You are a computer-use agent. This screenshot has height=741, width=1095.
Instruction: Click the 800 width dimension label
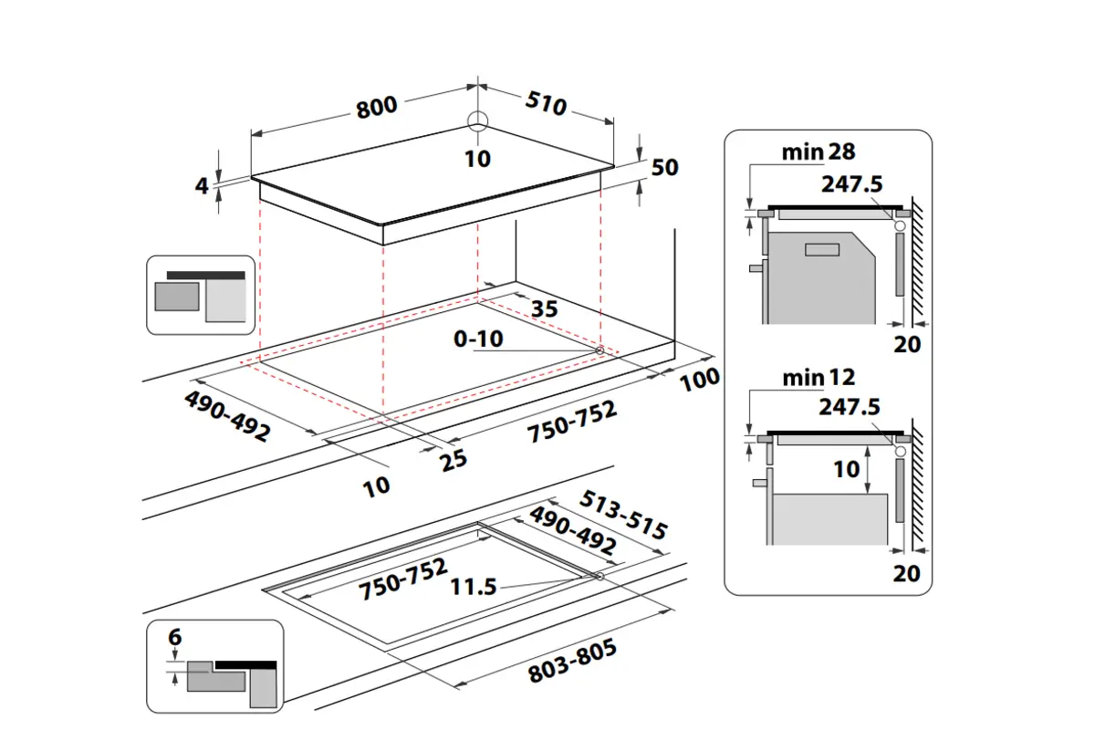click(x=376, y=106)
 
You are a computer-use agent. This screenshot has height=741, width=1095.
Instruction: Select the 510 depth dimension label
click(x=547, y=104)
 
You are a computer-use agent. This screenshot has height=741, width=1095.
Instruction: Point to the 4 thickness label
click(x=203, y=185)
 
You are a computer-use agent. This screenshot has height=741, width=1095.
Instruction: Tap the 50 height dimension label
click(x=665, y=168)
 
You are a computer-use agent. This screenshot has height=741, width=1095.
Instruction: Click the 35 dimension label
click(x=544, y=308)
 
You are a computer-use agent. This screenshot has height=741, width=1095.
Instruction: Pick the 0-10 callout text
click(x=478, y=339)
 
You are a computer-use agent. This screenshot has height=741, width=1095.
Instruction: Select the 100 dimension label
click(x=700, y=379)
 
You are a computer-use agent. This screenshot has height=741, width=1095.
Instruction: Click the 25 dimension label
click(x=453, y=458)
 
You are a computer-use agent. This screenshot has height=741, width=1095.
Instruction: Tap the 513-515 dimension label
click(x=625, y=516)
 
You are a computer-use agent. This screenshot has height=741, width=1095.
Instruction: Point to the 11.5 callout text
click(x=474, y=587)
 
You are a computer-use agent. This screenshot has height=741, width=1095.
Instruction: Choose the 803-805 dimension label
click(x=573, y=662)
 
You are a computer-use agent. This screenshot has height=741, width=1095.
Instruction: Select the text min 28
click(x=819, y=151)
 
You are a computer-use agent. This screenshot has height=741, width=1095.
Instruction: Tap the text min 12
click(x=819, y=377)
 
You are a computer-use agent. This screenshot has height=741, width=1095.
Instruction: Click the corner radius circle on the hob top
click(x=476, y=121)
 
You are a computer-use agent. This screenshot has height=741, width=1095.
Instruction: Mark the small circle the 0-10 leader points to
click(x=600, y=351)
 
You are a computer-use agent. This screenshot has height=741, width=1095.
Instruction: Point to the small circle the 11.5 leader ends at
click(x=599, y=576)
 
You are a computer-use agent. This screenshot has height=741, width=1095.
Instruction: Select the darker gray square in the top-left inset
click(x=177, y=297)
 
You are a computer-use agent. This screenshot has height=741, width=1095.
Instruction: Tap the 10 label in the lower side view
click(x=847, y=469)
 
